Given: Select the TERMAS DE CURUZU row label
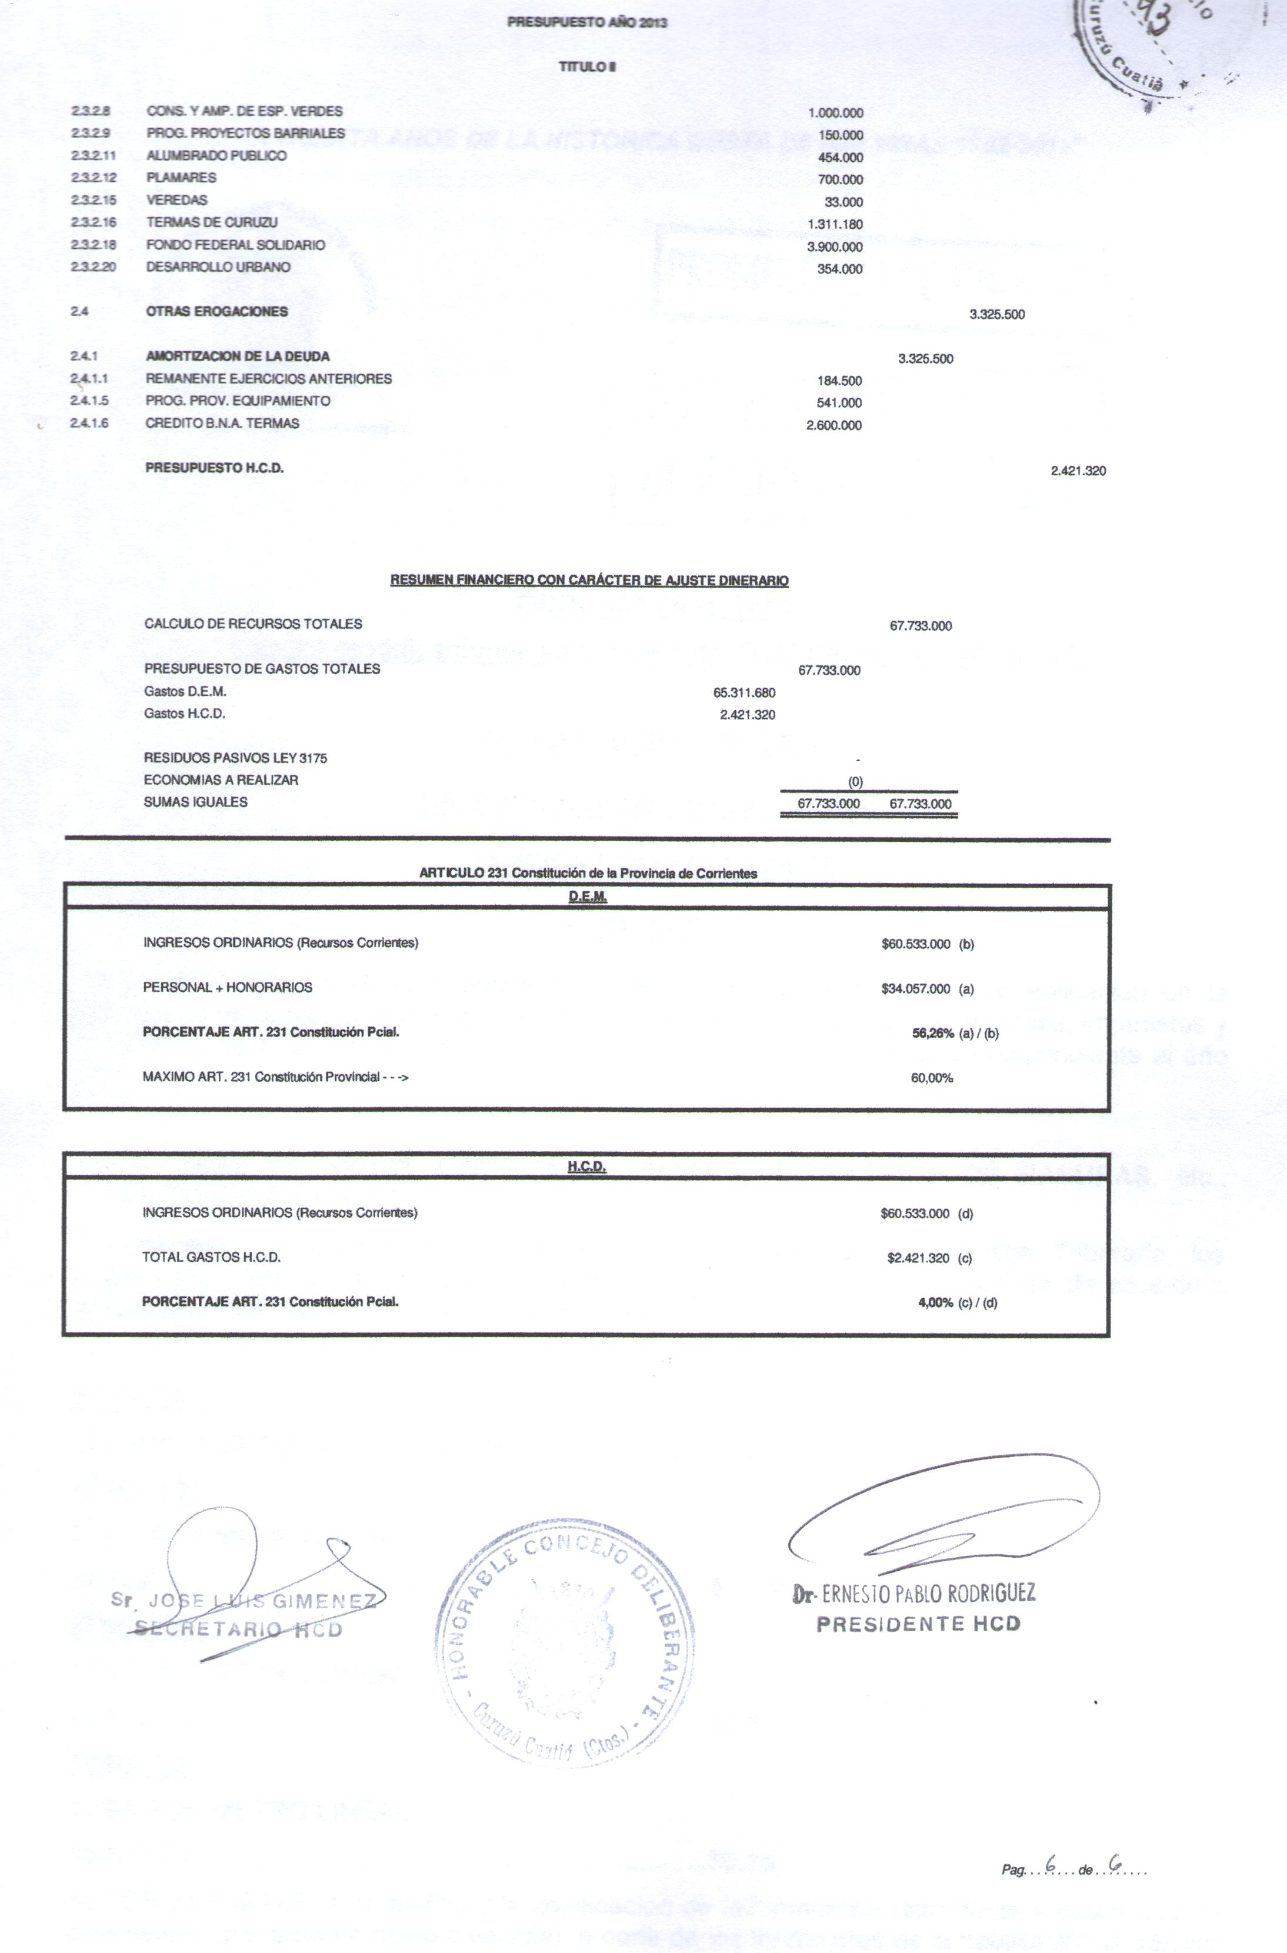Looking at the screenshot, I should click(212, 222).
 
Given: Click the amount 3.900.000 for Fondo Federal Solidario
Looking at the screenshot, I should click(835, 247).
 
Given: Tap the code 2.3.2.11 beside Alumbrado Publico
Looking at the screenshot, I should click(93, 155).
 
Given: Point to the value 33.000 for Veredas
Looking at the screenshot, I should click(843, 202).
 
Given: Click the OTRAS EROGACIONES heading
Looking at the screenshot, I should click(216, 311).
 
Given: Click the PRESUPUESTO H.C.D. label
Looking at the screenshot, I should click(214, 468).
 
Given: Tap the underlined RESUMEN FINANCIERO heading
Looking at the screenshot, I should click(589, 581).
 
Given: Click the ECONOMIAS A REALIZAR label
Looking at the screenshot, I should click(221, 780).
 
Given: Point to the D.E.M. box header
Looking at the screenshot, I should click(587, 897).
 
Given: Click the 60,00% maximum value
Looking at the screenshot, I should click(932, 1078).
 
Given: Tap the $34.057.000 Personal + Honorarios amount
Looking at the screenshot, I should click(915, 989).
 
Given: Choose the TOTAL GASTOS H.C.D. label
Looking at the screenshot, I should click(211, 1257).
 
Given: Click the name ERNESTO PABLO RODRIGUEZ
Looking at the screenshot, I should click(928, 1594).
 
